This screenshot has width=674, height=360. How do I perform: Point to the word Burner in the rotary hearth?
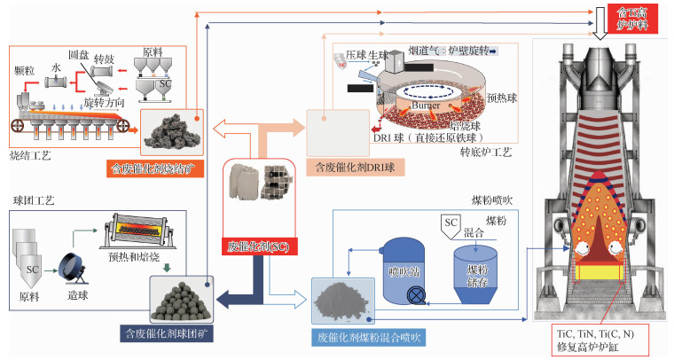[428, 106]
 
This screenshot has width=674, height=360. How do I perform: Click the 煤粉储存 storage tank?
[477, 267]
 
